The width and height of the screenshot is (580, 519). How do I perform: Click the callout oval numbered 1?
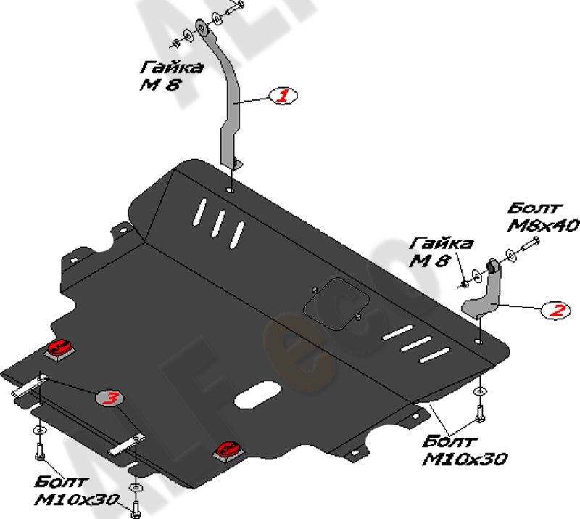click(x=283, y=95)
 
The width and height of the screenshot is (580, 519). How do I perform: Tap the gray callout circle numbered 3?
click(x=110, y=397)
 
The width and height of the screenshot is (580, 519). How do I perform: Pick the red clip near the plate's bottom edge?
click(x=226, y=450)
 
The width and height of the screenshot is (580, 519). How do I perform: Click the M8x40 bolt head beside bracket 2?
click(x=531, y=245)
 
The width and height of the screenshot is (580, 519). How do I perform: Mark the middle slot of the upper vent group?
click(x=217, y=221)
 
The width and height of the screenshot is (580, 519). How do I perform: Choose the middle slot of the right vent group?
click(x=417, y=345)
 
